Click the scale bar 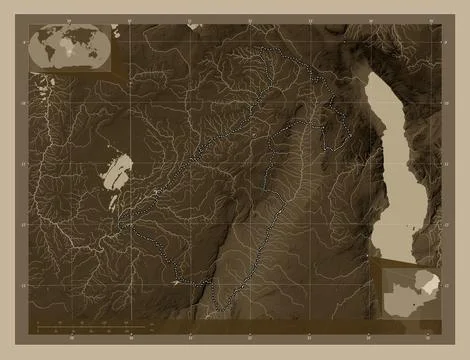pyautogui.click(x=80, y=326)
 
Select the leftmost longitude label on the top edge pyautogui.click(x=67, y=18)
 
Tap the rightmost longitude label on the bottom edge pyautogui.click(x=427, y=338)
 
